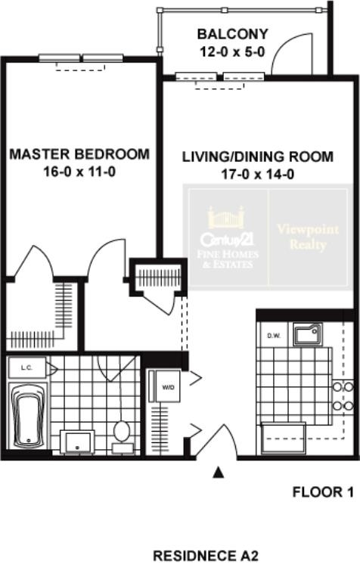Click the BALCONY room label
pos(233,34)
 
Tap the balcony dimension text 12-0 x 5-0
pos(233,51)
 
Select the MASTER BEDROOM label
pos(79,154)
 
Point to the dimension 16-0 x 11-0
pos(79,172)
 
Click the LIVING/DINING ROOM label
pos(258,157)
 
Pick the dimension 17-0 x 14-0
pos(258,175)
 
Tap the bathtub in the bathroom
pos(27,416)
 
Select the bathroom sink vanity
pos(77,442)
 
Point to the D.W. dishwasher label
pos(274,336)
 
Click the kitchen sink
pos(307,334)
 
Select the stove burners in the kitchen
pos(343,396)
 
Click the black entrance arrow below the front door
pos(218,472)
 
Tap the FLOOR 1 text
pos(323,492)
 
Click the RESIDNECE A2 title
pos(206,556)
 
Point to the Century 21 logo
pos(227,237)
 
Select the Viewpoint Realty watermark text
pos(308,237)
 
